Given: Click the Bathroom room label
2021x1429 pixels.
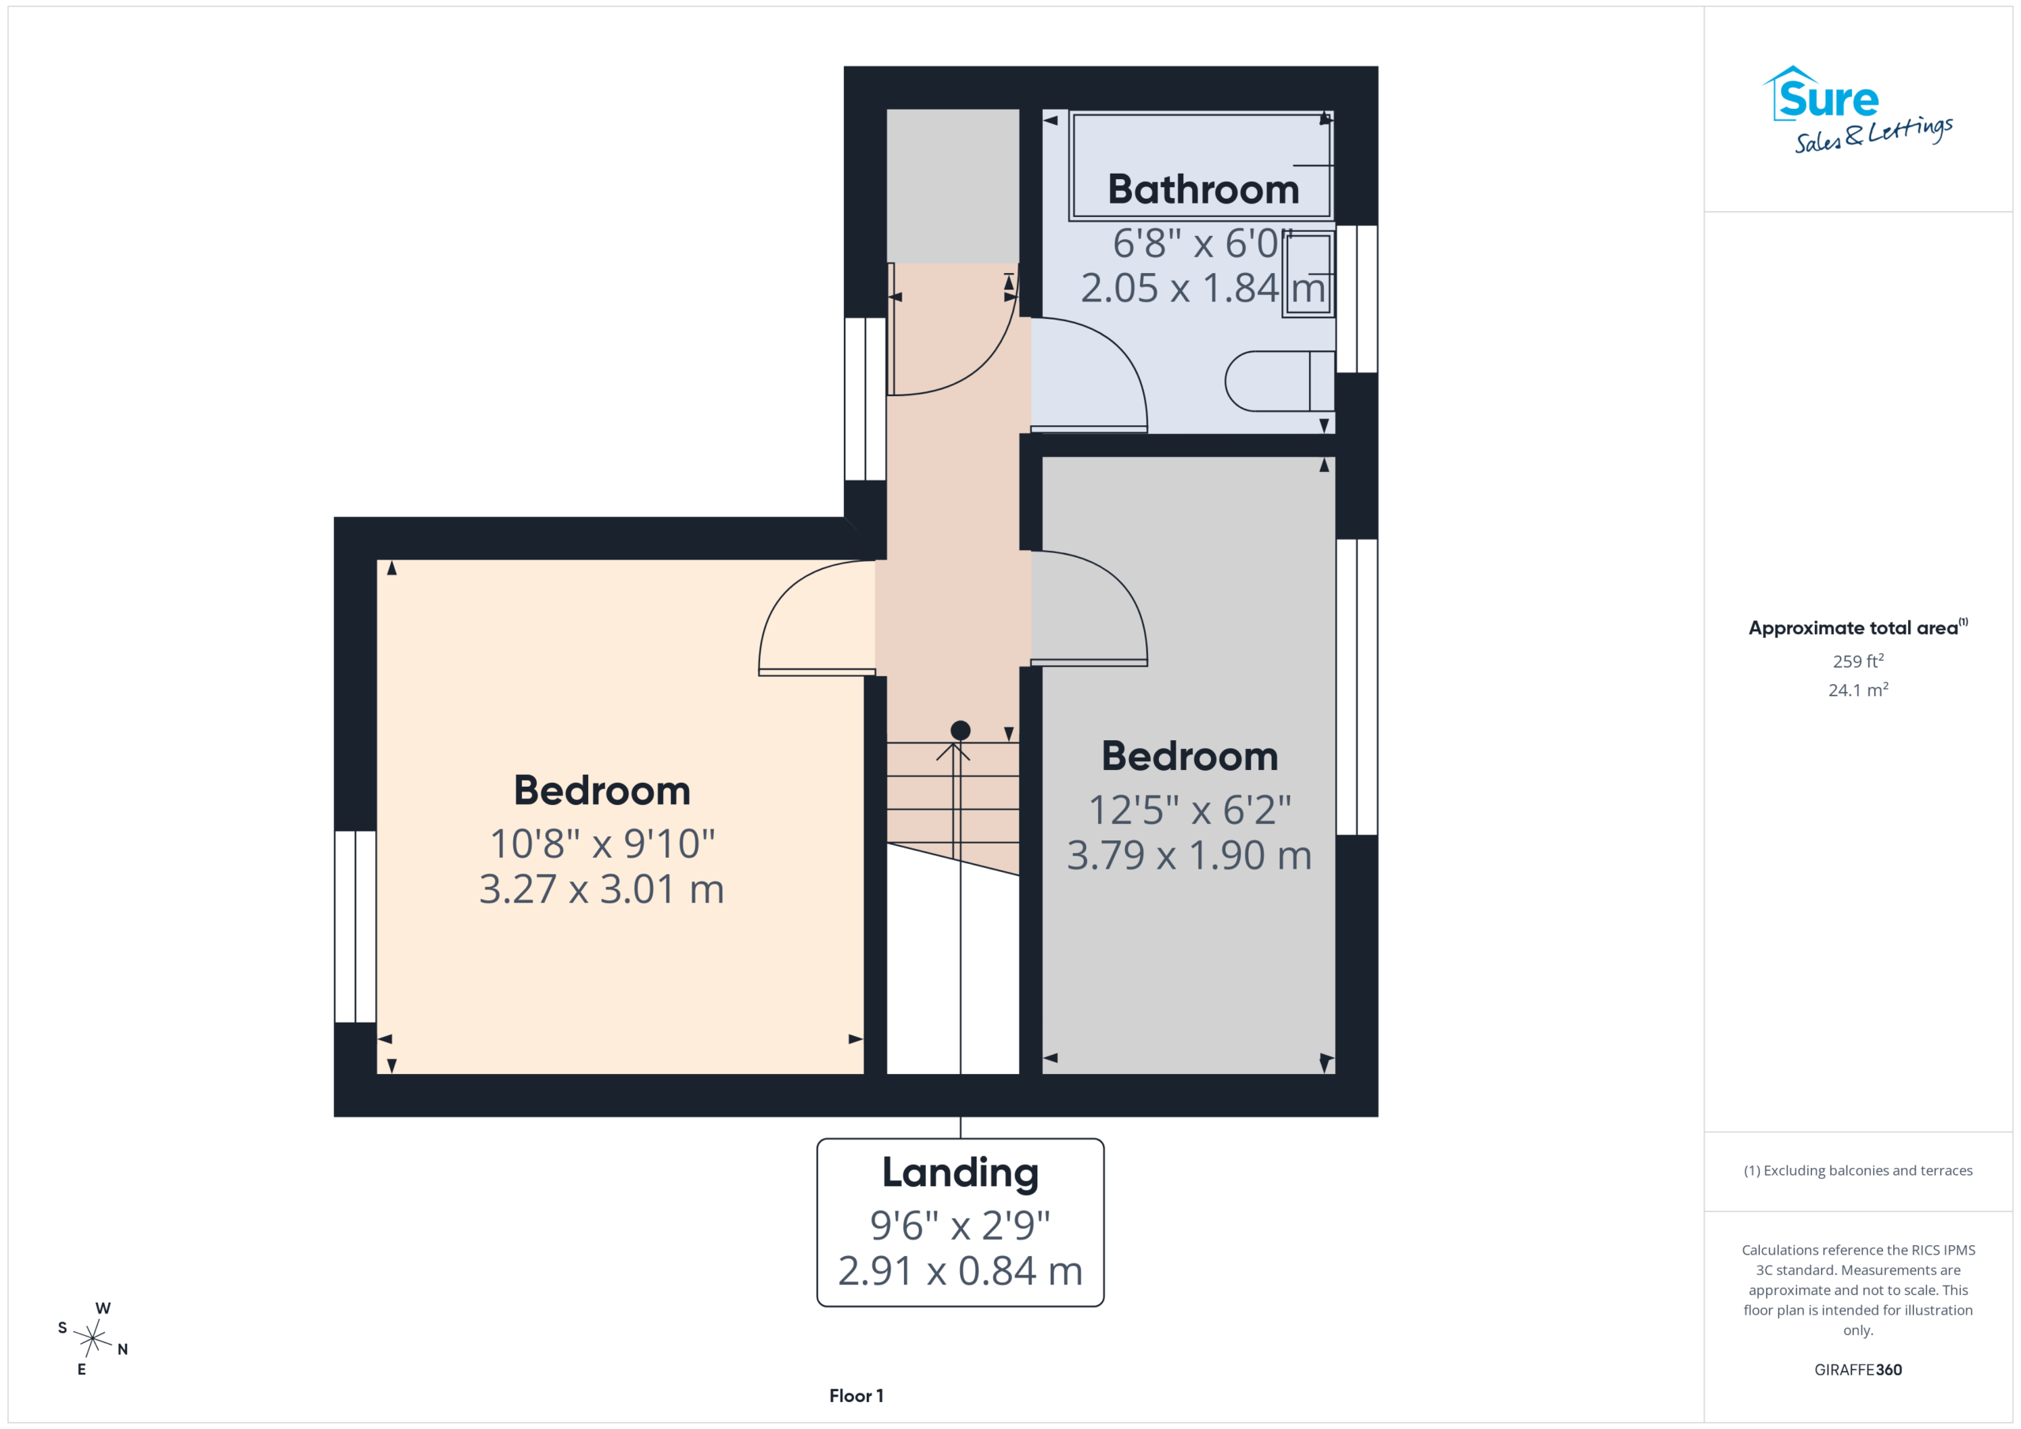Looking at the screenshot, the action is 1202,189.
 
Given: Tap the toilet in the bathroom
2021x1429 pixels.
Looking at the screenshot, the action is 1280,381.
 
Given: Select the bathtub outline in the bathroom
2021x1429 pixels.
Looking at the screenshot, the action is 1202,166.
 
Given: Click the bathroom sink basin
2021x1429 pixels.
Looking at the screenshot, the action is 1308,274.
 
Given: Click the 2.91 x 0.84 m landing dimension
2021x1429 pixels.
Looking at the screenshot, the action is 960,1270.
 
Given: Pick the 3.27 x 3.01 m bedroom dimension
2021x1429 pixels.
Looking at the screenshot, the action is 602,888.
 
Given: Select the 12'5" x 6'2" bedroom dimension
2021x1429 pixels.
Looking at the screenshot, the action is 1189,810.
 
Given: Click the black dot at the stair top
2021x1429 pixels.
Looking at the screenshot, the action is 960,731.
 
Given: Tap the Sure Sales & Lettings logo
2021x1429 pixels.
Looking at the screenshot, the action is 1858,110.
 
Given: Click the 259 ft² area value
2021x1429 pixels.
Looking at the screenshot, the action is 1858,660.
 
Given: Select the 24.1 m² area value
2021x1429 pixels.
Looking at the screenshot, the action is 1858,690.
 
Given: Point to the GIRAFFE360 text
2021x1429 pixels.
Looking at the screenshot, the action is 1858,1370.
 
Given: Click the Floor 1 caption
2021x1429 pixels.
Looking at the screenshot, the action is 857,1396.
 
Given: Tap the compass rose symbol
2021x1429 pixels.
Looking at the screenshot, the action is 92,1338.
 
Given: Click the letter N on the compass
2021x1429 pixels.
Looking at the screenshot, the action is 122,1350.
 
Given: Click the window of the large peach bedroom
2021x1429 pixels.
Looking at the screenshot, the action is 355,926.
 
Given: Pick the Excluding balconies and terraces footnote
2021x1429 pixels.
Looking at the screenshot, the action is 1858,1170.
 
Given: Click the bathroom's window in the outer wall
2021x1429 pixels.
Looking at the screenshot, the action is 1357,299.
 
